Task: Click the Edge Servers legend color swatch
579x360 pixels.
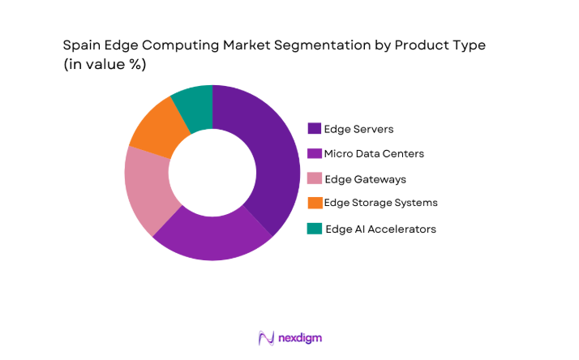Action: pyautogui.click(x=314, y=128)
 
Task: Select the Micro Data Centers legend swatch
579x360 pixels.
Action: pyautogui.click(x=314, y=153)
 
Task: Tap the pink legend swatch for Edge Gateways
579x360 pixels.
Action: pyautogui.click(x=314, y=178)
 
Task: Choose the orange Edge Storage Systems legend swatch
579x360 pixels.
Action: pyautogui.click(x=314, y=203)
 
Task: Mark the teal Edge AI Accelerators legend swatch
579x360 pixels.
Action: pyautogui.click(x=314, y=229)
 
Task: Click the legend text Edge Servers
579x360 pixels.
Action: pyautogui.click(x=359, y=128)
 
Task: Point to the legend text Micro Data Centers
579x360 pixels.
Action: pyautogui.click(x=373, y=153)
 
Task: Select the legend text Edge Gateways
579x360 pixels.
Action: pyautogui.click(x=365, y=178)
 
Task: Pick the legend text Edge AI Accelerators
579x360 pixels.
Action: pyautogui.click(x=380, y=229)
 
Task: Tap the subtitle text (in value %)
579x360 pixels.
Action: pyautogui.click(x=105, y=66)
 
